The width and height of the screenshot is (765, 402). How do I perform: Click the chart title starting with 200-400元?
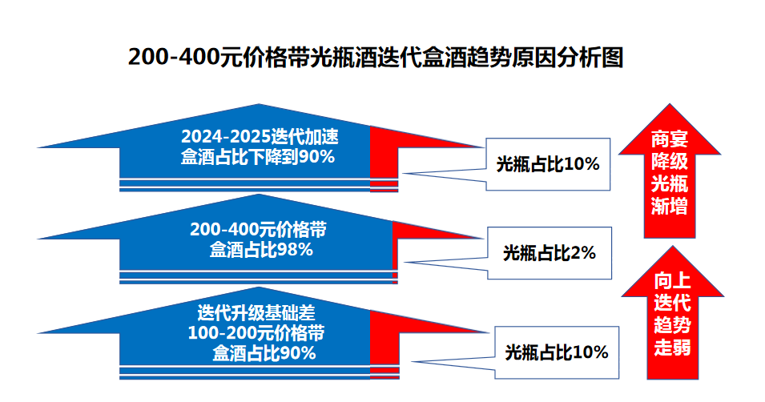376,57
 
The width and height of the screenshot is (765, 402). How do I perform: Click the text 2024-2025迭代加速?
260,137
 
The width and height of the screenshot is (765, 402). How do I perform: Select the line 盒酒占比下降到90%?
258,157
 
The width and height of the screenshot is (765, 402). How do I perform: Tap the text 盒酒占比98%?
261,250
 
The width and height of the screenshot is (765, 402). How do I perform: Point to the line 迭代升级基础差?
256,312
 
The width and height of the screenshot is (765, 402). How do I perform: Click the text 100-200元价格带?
256,332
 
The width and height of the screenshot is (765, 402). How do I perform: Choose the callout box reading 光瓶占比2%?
550,253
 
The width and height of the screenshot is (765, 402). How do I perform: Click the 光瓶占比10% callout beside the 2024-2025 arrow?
548,164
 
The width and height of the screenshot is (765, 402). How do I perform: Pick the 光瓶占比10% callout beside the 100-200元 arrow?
557,352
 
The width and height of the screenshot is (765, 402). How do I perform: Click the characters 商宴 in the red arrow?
670,139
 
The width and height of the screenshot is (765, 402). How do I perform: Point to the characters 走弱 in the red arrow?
672,348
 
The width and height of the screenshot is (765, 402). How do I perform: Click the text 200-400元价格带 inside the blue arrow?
258,229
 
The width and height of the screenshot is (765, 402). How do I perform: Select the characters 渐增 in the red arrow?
670,207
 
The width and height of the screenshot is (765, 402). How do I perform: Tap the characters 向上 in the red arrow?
672,280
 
